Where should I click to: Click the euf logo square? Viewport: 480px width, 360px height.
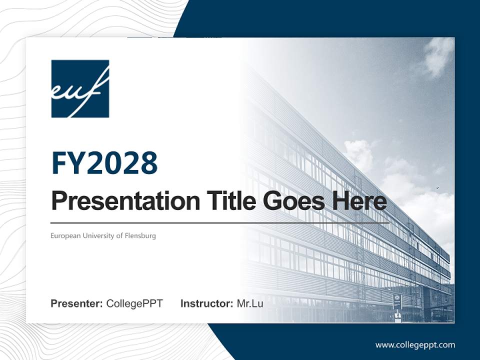click(x=80, y=89)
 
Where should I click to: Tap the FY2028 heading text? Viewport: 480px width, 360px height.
click(x=104, y=163)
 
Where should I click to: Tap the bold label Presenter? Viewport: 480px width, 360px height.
click(x=77, y=303)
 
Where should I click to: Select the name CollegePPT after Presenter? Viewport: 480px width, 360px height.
click(x=134, y=303)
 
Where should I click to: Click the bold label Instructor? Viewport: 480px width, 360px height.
click(x=206, y=303)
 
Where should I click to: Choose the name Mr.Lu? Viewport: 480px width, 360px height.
click(x=250, y=303)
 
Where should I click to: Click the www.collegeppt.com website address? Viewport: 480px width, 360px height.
click(x=415, y=344)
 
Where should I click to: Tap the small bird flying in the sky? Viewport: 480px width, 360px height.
click(x=438, y=188)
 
